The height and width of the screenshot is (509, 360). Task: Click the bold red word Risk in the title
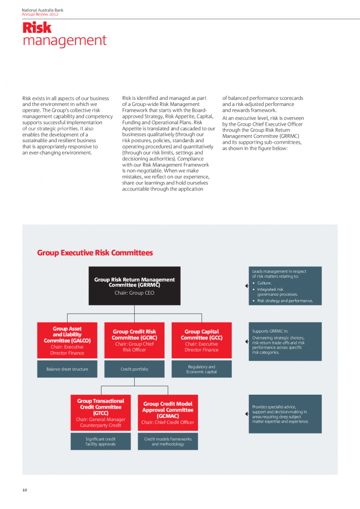coord(37,28)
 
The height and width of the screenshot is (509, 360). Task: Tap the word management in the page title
coord(65,40)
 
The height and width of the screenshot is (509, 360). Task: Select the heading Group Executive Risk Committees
coord(95,253)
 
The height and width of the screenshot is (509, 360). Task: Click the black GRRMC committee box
coord(134,286)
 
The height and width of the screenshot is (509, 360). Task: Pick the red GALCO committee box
coord(67,340)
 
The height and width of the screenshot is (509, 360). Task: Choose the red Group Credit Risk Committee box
coord(134,340)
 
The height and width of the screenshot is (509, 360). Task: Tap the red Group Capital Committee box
coord(201,340)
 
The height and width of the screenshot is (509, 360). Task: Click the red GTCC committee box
coord(101,413)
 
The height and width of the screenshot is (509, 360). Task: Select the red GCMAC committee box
coord(168,413)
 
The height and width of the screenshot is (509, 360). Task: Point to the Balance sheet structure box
coord(67,369)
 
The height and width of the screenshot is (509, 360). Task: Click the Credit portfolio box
coord(134,369)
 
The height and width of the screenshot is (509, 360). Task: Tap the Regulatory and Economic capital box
coord(201,369)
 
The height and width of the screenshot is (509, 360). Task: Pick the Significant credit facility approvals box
coord(101,441)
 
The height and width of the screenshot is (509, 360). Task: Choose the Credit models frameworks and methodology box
coord(168,441)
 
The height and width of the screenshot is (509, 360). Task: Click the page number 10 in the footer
coord(24,490)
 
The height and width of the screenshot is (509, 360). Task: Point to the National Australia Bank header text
coord(42,10)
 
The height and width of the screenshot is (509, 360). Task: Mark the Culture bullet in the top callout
coord(264,283)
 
